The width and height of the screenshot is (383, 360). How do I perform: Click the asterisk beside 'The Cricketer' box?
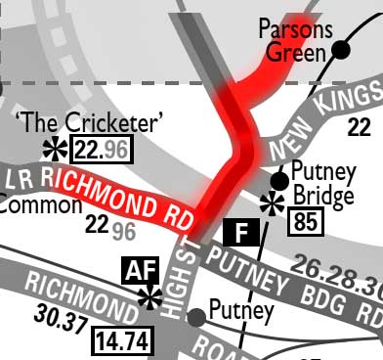point(56,149)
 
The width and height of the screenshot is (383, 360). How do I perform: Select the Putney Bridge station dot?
point(279,180)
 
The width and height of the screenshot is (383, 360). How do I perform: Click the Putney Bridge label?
point(322,185)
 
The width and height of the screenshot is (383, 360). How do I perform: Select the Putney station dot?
point(196,317)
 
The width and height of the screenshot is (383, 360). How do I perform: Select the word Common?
point(40,205)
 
